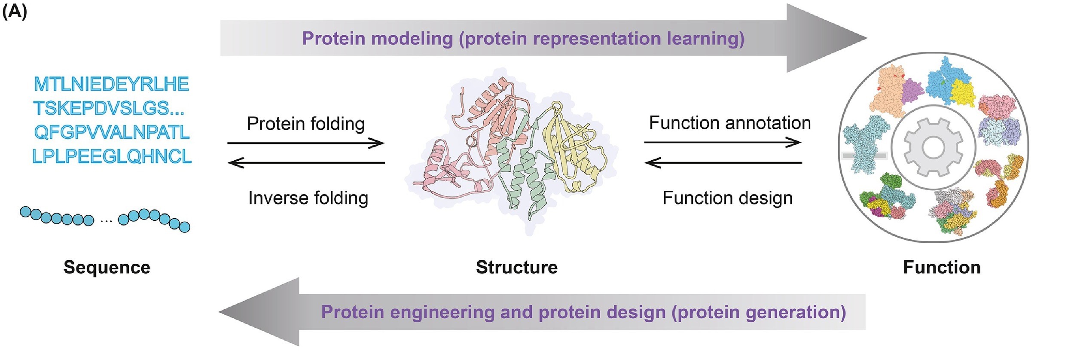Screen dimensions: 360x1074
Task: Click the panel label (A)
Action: tap(15, 11)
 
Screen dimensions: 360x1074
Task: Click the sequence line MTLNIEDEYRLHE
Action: tap(111, 84)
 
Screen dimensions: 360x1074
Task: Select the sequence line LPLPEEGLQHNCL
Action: tap(112, 156)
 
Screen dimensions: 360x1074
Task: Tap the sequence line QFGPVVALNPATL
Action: tap(112, 132)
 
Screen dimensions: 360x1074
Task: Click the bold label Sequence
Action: tap(107, 267)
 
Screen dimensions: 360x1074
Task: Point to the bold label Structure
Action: tap(516, 267)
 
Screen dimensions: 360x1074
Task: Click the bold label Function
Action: tap(942, 267)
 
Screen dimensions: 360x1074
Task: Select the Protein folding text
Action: tap(305, 124)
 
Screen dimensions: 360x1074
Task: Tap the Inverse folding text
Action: tap(308, 198)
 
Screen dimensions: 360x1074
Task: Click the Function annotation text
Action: tap(729, 123)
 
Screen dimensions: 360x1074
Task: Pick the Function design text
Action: tap(727, 198)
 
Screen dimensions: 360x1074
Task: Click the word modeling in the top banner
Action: tap(412, 39)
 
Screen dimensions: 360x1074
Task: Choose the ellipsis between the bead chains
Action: tap(106, 221)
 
